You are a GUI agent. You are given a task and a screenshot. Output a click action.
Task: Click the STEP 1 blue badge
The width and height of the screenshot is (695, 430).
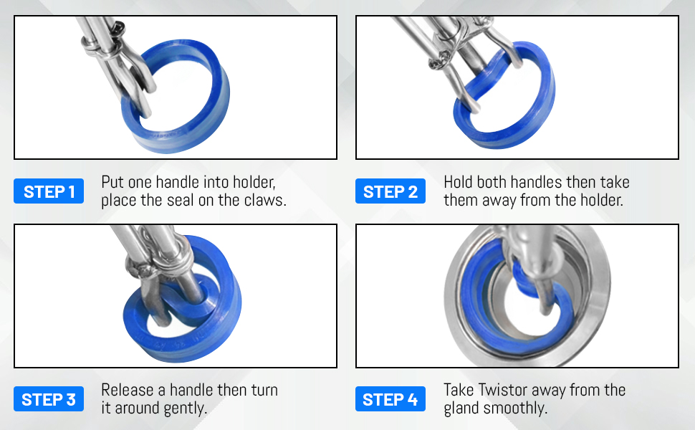pos(49,191)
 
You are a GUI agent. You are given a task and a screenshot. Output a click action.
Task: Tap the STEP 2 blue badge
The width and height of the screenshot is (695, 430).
pos(390,191)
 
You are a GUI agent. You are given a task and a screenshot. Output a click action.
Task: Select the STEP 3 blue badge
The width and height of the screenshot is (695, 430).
pos(49,399)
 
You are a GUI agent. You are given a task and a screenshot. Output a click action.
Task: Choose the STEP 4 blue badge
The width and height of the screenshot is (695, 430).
pos(390,399)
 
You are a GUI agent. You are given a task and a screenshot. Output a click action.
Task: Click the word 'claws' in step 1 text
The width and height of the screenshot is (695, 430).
pos(263,201)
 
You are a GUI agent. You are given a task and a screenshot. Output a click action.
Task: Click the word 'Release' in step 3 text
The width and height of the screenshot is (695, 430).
pos(128,390)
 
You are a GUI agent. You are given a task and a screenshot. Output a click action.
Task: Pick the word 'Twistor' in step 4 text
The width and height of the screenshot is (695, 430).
pos(512,390)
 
